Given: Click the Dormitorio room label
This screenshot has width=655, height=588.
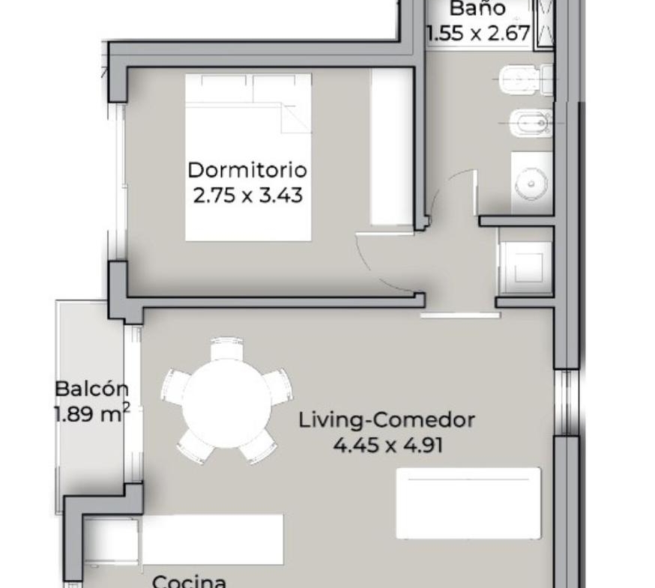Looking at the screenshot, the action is point(248,170).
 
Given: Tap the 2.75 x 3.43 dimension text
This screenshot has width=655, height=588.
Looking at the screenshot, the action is point(248,195).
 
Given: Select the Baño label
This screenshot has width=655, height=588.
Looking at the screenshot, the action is point(478,7).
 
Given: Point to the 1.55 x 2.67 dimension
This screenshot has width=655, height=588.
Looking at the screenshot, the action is point(479,33).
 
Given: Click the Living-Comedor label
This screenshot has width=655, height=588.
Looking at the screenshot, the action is point(387,420).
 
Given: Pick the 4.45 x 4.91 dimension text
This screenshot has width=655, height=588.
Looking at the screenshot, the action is point(388,445).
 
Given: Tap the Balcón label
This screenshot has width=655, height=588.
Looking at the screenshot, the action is point(92,389).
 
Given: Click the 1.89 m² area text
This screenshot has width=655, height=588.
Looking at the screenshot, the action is point(92,414).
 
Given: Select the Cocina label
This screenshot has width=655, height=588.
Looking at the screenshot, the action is point(190,581).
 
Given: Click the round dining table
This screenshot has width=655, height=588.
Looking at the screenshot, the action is point(227,404).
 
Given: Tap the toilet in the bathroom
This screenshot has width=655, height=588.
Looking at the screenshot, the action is point(526,79).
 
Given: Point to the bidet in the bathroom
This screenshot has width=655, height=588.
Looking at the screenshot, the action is point(531,123).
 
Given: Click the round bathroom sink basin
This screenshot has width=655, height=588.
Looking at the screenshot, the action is point(531,184).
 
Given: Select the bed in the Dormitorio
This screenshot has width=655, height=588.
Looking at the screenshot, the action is point(249,157).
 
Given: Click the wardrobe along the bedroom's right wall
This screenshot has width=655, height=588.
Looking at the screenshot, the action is point(391,147).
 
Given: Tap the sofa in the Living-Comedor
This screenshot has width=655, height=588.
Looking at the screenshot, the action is point(468,503).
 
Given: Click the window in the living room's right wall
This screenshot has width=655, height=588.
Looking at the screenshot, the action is point(566,402).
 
